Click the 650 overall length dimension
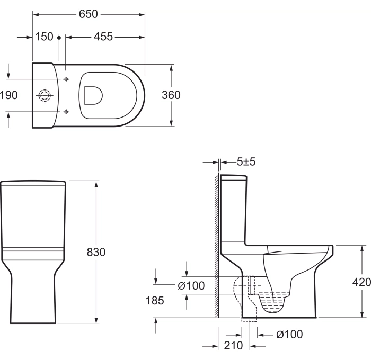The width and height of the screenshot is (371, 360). pos(89,14)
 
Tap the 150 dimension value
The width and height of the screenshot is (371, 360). pos(44,37)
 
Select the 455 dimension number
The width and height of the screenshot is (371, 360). pos(103,37)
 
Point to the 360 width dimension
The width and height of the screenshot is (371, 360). pos(171,95)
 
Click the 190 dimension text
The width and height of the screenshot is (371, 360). pos(9,95)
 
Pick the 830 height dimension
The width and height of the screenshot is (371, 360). pos(96,252)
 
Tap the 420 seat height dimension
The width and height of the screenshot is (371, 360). pos(361,282)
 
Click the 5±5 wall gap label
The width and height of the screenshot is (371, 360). pos(246,162)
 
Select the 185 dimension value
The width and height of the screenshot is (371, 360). pos(155,301)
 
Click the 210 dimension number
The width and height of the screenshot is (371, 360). pos(234,346)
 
